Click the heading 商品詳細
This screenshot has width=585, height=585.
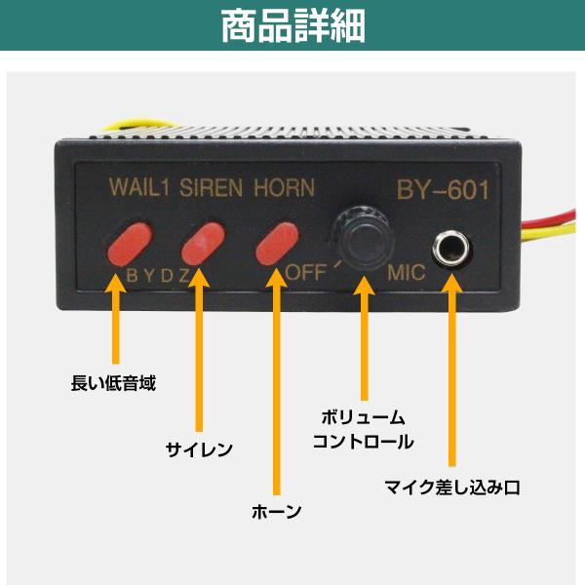292,26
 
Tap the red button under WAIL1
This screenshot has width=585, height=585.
131,244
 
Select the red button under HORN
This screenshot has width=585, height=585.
277,244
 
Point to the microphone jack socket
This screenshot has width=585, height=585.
451,248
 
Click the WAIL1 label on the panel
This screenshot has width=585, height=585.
139,187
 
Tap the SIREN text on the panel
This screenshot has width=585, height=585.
212,187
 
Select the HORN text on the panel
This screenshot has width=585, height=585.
285,187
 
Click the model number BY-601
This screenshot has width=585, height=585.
443,190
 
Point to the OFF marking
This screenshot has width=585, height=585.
305,272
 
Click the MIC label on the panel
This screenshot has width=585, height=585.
407,272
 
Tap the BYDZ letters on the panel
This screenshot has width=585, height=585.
159,276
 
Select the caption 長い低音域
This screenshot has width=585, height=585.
113,383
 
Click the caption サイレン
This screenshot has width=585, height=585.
199,449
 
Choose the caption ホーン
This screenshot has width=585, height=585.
277,511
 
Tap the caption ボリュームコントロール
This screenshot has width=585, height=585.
363,429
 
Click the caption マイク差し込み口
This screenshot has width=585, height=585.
452,487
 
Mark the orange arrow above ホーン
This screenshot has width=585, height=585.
277,381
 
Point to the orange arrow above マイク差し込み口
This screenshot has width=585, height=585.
451,370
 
